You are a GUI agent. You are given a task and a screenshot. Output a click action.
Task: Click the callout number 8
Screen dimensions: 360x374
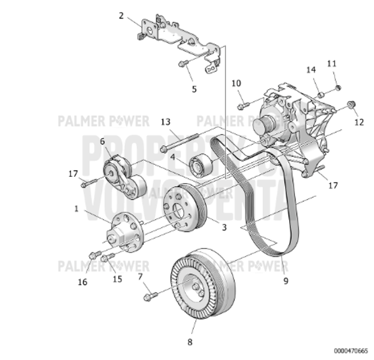coord(190,341)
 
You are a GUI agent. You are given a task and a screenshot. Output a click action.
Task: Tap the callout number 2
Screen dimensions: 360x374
coord(122,16)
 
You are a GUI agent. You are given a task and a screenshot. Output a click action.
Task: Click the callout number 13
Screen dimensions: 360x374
coord(165,121)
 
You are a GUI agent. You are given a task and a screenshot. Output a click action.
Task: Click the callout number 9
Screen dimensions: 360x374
coord(285,281)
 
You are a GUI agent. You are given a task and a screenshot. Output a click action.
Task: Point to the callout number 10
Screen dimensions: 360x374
coord(236,83)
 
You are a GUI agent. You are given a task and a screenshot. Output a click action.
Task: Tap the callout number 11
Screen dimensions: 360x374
coord(332,64)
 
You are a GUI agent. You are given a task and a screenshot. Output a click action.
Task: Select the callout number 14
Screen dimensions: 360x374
coord(310,70)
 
